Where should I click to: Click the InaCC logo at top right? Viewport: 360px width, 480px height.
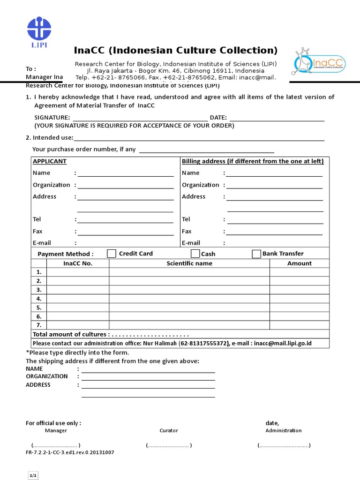pos(318,63)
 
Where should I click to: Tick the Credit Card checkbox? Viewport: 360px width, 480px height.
pos(112,254)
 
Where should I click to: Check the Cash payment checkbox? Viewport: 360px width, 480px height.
pos(195,254)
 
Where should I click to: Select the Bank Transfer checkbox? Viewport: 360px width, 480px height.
pos(256,254)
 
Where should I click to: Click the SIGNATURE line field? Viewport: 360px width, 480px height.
pos(140,118)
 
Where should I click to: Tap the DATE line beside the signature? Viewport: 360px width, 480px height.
pos(276,118)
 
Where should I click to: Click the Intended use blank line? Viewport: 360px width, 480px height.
pos(199,137)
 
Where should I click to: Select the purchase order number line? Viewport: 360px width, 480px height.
pos(207,150)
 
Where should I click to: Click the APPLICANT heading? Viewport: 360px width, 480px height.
pos(50,161)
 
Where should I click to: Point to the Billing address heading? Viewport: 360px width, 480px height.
pos(253,161)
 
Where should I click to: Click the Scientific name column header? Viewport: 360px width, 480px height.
pos(189,263)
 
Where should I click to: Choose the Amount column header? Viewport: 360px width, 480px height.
pos(299,263)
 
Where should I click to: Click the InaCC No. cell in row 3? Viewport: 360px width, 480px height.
pos(78,290)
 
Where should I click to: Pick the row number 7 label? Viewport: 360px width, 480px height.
pos(39,325)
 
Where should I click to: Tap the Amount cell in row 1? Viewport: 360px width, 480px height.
pos(299,272)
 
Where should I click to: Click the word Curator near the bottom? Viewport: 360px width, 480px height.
pos(169,430)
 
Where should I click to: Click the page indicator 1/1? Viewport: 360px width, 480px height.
pos(33,476)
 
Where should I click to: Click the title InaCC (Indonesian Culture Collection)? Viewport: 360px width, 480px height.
pos(176,50)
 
